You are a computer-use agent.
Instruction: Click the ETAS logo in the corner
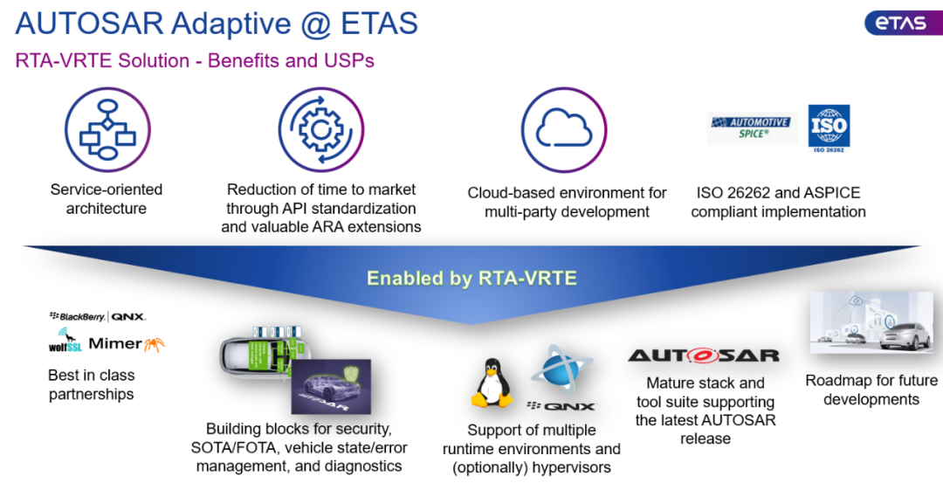click(902, 24)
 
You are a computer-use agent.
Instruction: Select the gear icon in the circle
click(320, 129)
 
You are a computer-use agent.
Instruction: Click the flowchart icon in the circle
click(108, 130)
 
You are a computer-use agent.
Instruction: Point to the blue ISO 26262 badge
click(829, 128)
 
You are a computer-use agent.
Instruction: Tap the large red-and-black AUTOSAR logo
click(704, 356)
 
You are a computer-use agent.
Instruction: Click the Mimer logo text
click(115, 343)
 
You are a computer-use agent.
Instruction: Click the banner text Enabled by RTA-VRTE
click(471, 279)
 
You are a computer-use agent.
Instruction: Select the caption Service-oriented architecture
click(107, 199)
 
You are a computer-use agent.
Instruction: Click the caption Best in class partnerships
click(92, 384)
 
